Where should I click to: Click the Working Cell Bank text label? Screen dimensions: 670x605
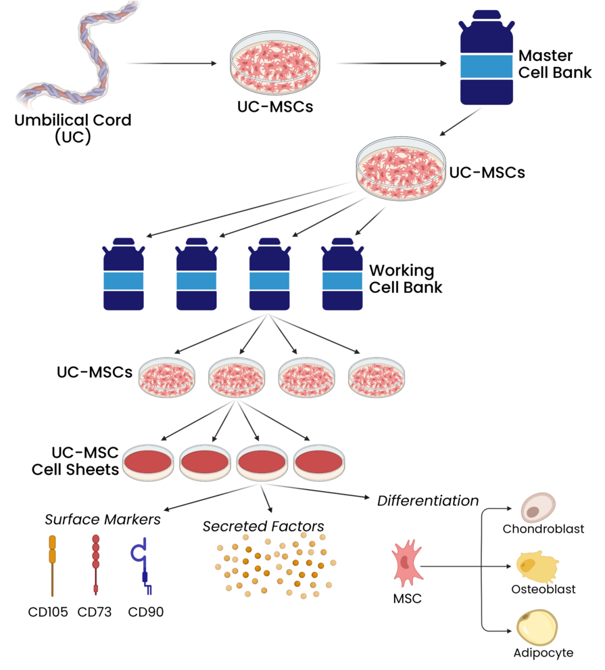[x=406, y=279]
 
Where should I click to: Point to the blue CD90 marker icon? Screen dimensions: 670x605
[x=140, y=562]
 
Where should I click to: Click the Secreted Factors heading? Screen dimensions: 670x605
[x=263, y=526]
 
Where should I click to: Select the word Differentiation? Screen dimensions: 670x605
[x=428, y=501]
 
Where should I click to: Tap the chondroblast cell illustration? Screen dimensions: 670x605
[x=539, y=507]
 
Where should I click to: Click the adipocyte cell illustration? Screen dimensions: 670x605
[x=537, y=627]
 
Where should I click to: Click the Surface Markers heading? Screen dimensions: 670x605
[x=103, y=520]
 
